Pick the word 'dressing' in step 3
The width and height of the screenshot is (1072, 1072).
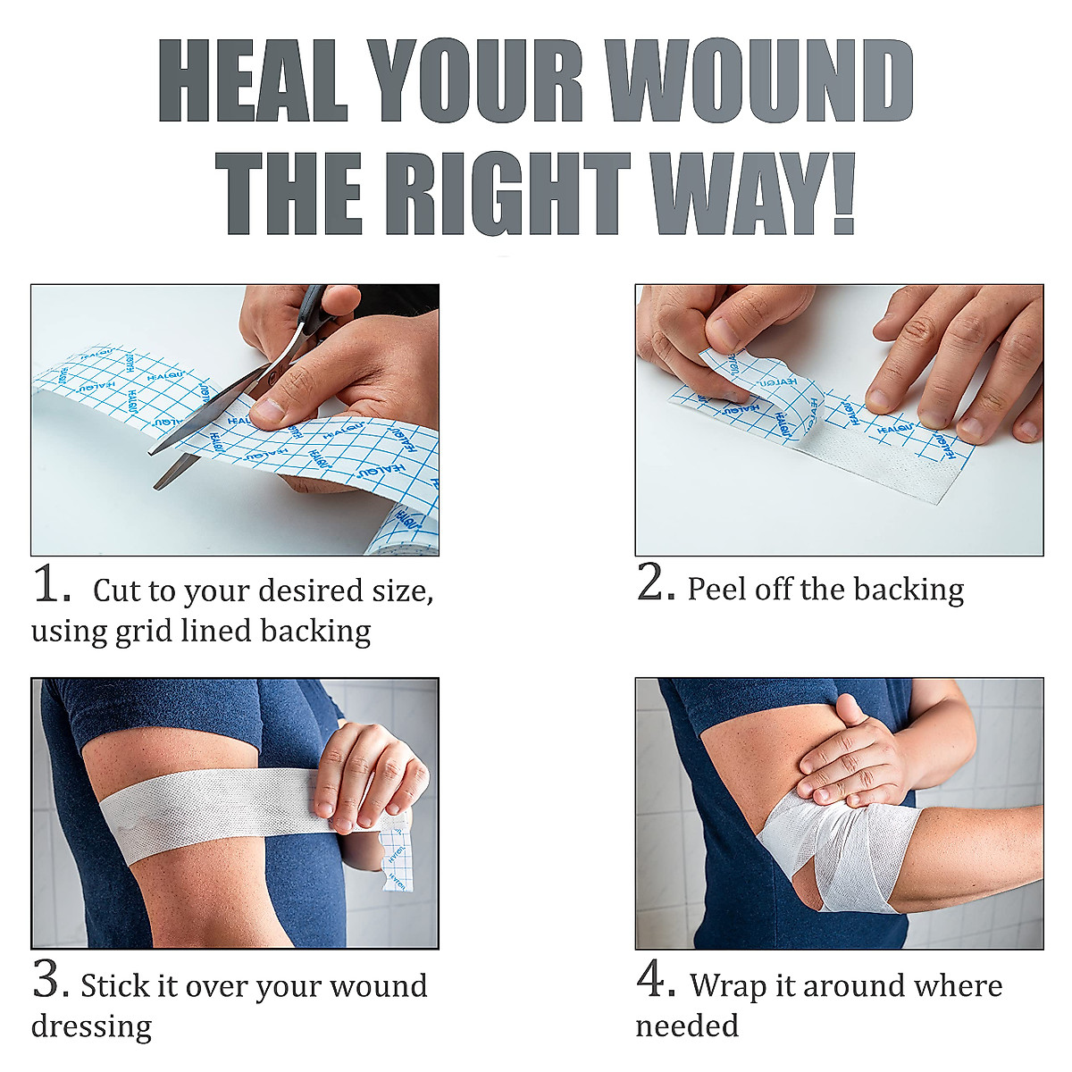coord(91,1026)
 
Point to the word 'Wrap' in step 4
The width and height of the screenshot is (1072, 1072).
coord(728,985)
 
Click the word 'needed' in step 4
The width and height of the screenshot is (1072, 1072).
coord(687,1026)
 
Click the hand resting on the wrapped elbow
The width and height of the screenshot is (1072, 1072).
coord(849,755)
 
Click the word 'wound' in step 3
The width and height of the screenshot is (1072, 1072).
coord(378,986)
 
